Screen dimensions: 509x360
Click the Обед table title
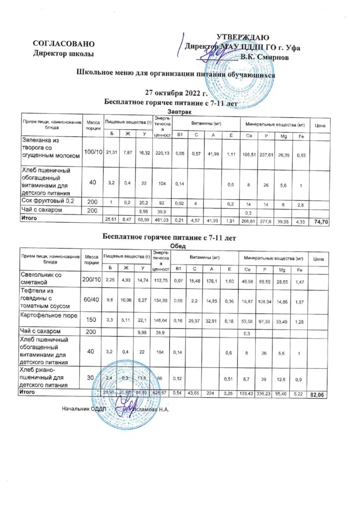[x=177, y=246]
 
